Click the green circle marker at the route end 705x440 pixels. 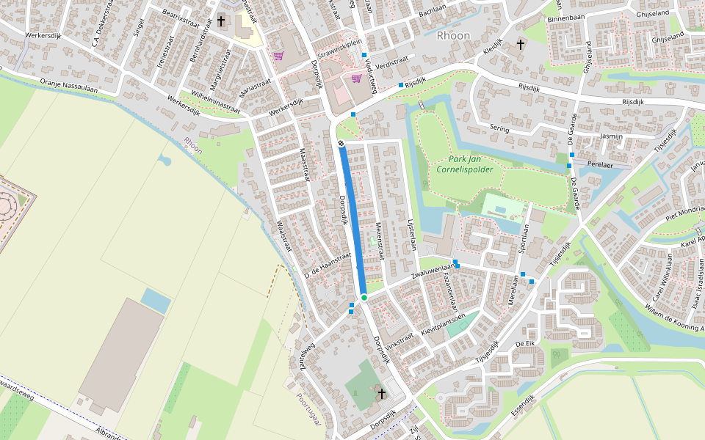coord(364,297)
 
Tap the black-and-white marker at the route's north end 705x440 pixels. coord(341,142)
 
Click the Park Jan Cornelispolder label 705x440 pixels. coord(465,164)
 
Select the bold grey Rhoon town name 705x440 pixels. coord(453,35)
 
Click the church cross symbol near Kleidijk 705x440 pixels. coord(521,45)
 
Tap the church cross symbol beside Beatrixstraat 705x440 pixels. coord(221,21)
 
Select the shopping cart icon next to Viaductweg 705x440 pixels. coord(356,79)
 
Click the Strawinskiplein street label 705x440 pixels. coord(336,50)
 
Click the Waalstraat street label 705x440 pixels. coord(284,234)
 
